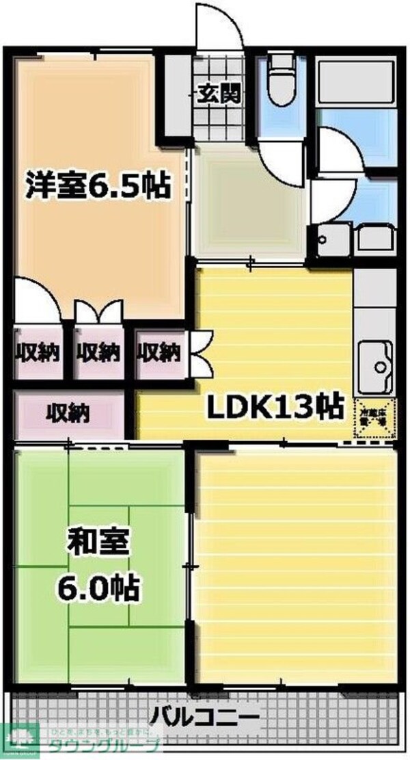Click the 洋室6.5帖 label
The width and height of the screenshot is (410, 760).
point(97,185)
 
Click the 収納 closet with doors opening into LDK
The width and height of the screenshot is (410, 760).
point(159,353)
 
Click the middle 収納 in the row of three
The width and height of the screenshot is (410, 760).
point(98,353)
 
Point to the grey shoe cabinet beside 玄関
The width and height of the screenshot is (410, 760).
point(177,96)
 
